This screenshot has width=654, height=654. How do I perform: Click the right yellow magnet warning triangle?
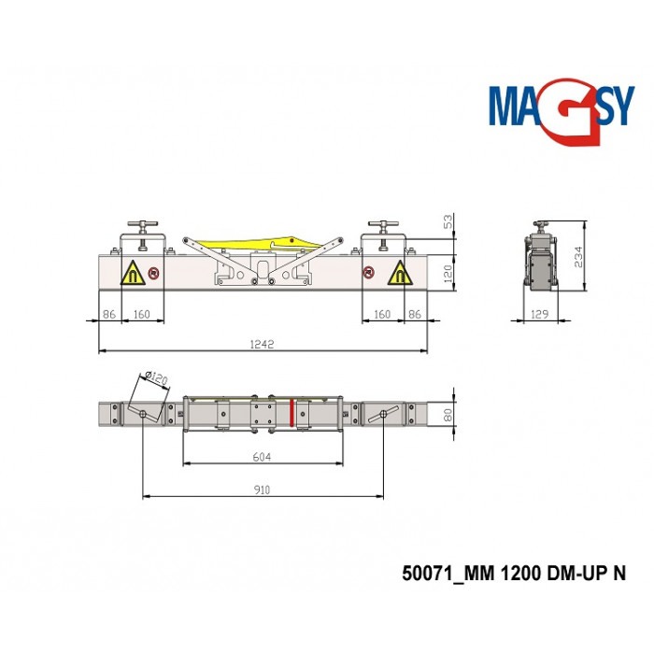(399, 274)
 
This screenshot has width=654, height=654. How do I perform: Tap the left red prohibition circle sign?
(153, 275)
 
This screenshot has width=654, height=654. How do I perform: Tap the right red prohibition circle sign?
(371, 274)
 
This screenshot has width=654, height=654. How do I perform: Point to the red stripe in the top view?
(291, 412)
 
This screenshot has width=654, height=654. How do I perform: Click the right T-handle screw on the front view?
(382, 233)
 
